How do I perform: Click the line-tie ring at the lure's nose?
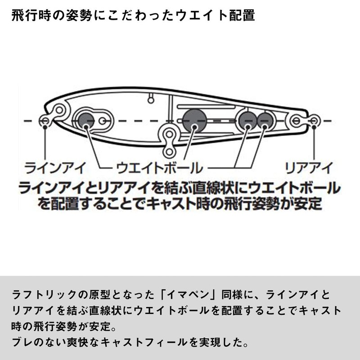pos(45,121)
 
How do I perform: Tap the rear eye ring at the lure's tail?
pos(314,120)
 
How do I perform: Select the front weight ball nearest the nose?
pos(85,120)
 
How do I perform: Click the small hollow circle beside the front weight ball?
pos(103,121)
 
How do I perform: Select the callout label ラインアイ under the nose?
pos(55,168)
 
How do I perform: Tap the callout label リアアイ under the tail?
pos(309,168)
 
